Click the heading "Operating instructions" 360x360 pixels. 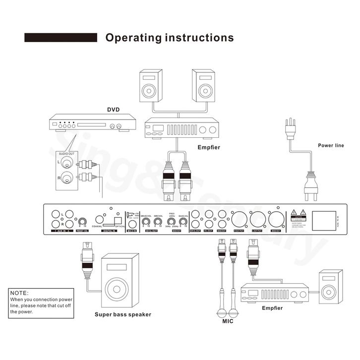point(169,38)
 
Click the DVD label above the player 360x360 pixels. point(114,110)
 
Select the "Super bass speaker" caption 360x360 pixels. point(123,314)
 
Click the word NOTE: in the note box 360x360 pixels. point(20,294)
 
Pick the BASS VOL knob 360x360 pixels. point(183,222)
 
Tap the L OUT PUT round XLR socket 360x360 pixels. point(257,218)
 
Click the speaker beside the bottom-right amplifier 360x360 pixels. point(330,289)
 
